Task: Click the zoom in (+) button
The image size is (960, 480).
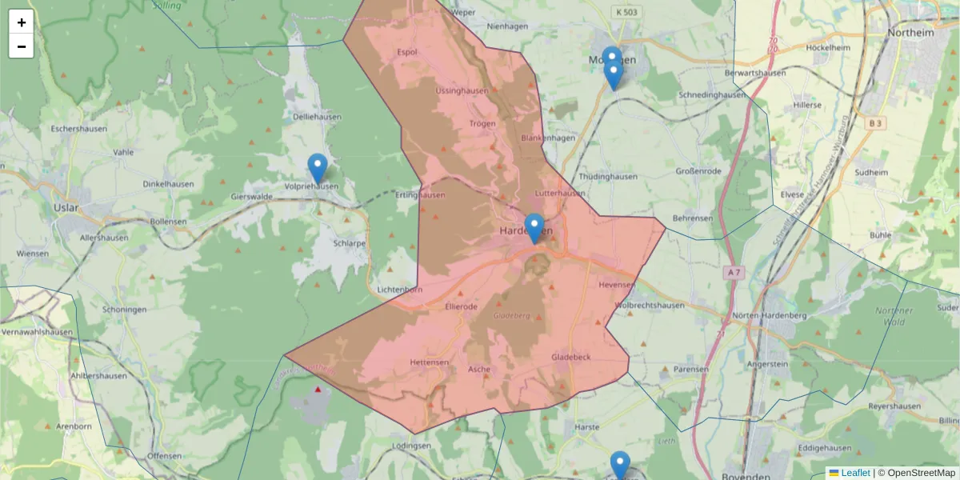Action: (x=22, y=22)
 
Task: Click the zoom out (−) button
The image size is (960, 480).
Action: (x=22, y=46)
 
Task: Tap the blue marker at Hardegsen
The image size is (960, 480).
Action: (x=534, y=228)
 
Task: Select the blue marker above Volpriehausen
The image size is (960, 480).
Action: (x=318, y=168)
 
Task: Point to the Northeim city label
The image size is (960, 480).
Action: (x=910, y=34)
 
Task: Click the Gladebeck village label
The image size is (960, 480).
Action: (x=571, y=357)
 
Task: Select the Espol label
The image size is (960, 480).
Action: (x=407, y=53)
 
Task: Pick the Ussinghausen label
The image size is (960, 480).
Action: (x=462, y=90)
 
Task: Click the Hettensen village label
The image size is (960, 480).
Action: (x=429, y=362)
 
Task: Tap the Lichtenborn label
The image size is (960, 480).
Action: (x=399, y=290)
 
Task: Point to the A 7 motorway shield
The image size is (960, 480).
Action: (x=733, y=273)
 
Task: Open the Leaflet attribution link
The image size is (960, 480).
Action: (x=855, y=473)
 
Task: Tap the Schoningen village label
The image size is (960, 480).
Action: (x=124, y=310)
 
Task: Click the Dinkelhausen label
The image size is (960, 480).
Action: (x=169, y=183)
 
